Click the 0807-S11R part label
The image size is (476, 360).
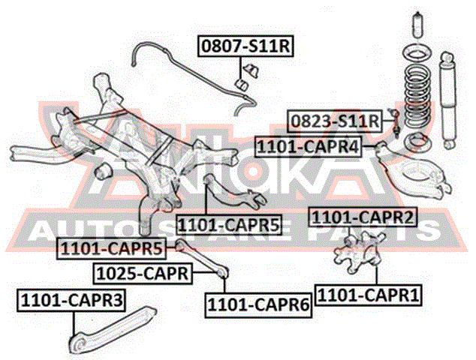tap(246, 46)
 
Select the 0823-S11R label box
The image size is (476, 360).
tap(334, 121)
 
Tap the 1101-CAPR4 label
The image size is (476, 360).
tap(308, 147)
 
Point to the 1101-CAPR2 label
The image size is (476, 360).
tap(363, 217)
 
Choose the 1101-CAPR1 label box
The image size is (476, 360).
tap(368, 295)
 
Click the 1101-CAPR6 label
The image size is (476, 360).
tap(258, 304)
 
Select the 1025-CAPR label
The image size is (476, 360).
tap(143, 274)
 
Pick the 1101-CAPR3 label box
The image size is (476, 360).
tap(71, 301)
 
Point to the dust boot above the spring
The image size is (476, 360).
tap(418, 25)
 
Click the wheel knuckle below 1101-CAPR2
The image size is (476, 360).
tap(359, 250)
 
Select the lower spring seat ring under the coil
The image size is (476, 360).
tap(419, 142)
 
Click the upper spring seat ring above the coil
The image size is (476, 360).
tap(417, 55)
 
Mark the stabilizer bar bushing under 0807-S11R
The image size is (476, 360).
tap(242, 85)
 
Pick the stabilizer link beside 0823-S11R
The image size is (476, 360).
tap(395, 123)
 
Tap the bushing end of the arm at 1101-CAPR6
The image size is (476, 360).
tap(223, 272)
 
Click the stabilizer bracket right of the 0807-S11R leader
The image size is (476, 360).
tap(252, 71)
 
